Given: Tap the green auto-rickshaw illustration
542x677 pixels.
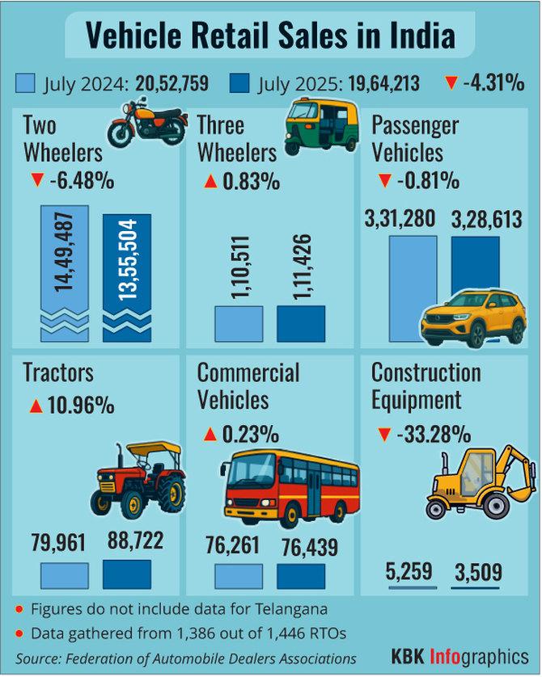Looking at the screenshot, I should coord(321,124).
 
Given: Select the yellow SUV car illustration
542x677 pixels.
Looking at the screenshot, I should coord(474,317).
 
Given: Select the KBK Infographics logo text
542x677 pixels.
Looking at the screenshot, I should coord(460,654).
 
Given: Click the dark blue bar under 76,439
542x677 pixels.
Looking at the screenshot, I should coord(301,576).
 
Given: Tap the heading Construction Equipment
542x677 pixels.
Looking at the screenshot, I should coord(426,385).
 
